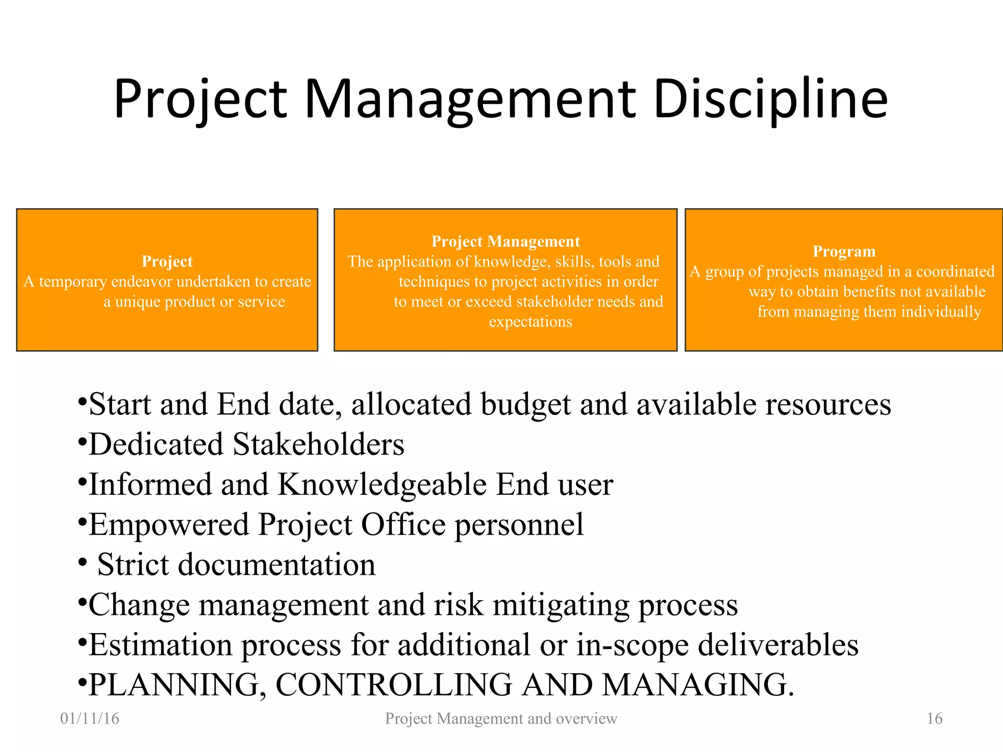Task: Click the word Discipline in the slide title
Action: tap(769, 99)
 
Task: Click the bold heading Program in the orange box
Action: tap(844, 251)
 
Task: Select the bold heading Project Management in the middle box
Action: tap(505, 241)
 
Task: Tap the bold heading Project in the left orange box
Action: tap(167, 261)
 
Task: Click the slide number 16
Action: tap(934, 718)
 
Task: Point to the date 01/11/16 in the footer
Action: tap(90, 718)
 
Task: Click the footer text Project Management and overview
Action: tap(501, 718)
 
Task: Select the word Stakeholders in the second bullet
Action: tap(318, 445)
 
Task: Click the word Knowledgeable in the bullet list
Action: tap(382, 485)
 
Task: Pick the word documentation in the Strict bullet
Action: tap(277, 565)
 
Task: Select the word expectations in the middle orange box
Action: tap(530, 322)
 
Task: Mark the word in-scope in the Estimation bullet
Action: tap(632, 645)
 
